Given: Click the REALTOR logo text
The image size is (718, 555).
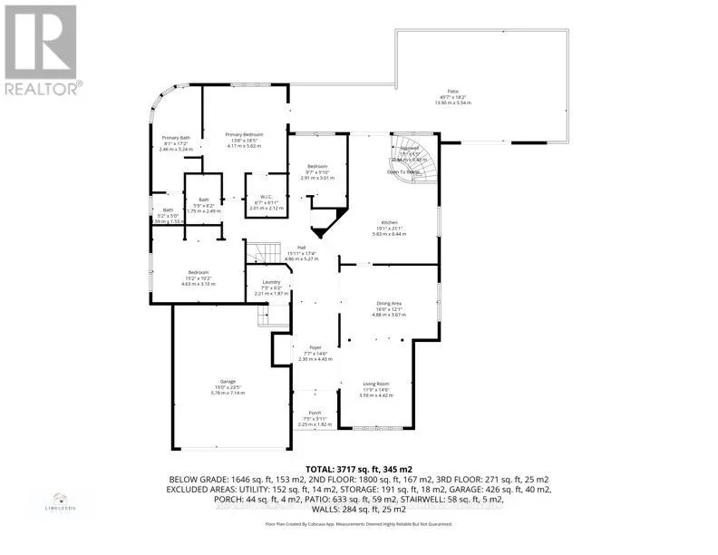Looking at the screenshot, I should [43, 88].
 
